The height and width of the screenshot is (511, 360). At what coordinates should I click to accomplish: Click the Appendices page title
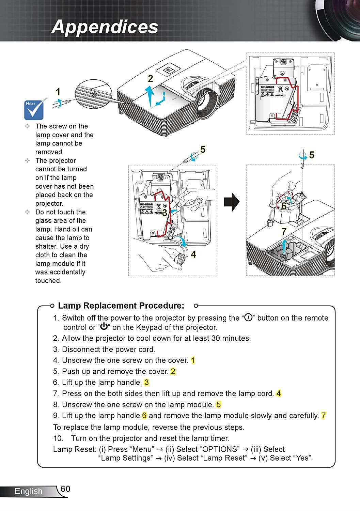click(105, 27)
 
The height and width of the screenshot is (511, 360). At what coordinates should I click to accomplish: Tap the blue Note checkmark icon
click(33, 110)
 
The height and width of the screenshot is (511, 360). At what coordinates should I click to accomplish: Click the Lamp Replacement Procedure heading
click(121, 306)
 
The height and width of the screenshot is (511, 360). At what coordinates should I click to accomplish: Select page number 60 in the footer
click(65, 489)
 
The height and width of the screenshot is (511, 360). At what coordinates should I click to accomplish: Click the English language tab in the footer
click(29, 491)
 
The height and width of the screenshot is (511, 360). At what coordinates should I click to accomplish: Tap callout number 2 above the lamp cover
click(151, 78)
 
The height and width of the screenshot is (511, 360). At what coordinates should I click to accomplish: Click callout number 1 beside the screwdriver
click(58, 92)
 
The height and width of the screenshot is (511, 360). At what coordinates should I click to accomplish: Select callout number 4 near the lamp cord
click(193, 254)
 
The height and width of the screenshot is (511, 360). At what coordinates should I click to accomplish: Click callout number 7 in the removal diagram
click(284, 232)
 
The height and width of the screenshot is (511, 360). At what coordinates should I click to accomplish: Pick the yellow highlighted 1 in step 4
click(193, 360)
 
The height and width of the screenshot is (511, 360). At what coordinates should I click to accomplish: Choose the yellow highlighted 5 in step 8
click(218, 405)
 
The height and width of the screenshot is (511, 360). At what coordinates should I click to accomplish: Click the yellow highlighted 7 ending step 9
click(324, 416)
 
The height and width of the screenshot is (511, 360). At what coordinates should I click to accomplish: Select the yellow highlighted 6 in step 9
click(144, 416)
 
